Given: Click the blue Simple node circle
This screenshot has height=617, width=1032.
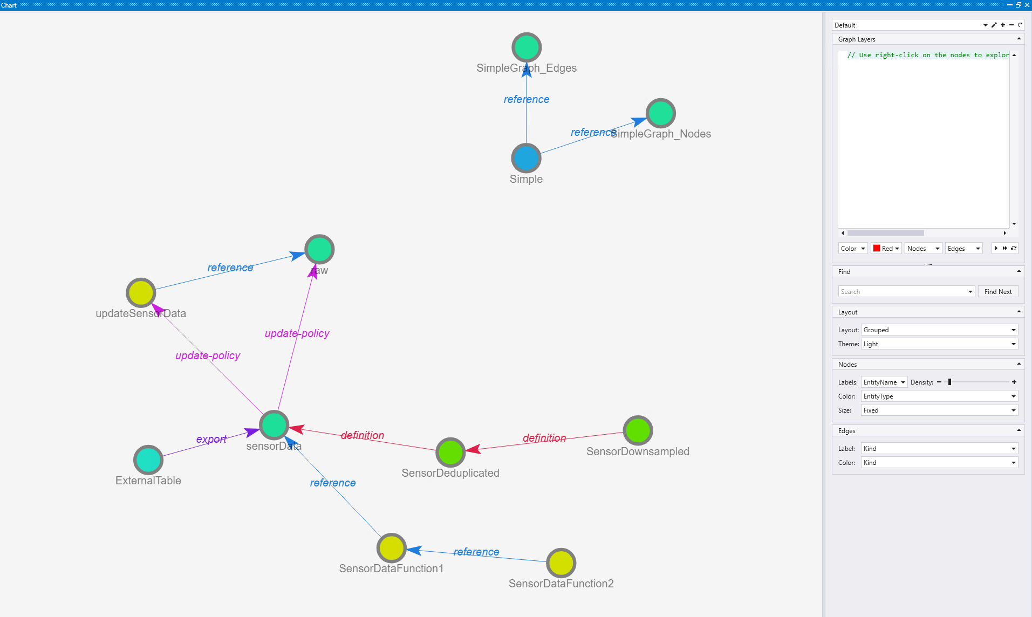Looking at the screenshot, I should pyautogui.click(x=526, y=158).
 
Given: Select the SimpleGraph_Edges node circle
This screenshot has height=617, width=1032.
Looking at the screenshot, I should pyautogui.click(x=527, y=47).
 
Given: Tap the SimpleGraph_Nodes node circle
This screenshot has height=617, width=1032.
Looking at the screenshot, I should pyautogui.click(x=661, y=113).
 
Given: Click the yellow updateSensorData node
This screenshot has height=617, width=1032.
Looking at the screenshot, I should pyautogui.click(x=141, y=293).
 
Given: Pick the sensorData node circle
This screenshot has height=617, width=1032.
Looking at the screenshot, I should pyautogui.click(x=274, y=425).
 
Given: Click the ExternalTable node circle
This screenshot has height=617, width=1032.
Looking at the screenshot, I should pyautogui.click(x=148, y=460).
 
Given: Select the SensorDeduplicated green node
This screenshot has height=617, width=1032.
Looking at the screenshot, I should pyautogui.click(x=450, y=452).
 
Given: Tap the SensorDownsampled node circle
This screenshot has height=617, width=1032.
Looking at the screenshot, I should pyautogui.click(x=638, y=430).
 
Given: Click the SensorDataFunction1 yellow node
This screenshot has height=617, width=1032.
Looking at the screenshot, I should pyautogui.click(x=391, y=548).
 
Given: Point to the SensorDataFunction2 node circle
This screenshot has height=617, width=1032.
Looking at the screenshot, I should pyautogui.click(x=561, y=563).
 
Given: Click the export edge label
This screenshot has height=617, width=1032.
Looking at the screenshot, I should pyautogui.click(x=211, y=439).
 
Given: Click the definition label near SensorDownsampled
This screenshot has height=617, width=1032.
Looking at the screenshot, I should pyautogui.click(x=544, y=438).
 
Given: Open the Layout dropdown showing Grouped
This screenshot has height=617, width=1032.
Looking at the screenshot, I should pyautogui.click(x=939, y=330).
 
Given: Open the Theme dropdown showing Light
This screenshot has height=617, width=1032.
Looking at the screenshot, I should pyautogui.click(x=939, y=344).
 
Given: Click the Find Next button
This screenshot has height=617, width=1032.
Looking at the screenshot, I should pyautogui.click(x=997, y=292).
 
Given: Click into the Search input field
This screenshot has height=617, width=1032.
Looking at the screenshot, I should pyautogui.click(x=903, y=292).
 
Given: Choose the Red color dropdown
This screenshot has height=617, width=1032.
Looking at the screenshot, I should pyautogui.click(x=886, y=249).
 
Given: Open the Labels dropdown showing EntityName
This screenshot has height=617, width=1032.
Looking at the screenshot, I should pyautogui.click(x=884, y=382).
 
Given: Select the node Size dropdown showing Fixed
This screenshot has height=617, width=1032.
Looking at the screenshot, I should pyautogui.click(x=939, y=410).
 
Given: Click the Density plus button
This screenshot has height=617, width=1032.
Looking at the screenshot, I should pyautogui.click(x=1014, y=382).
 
